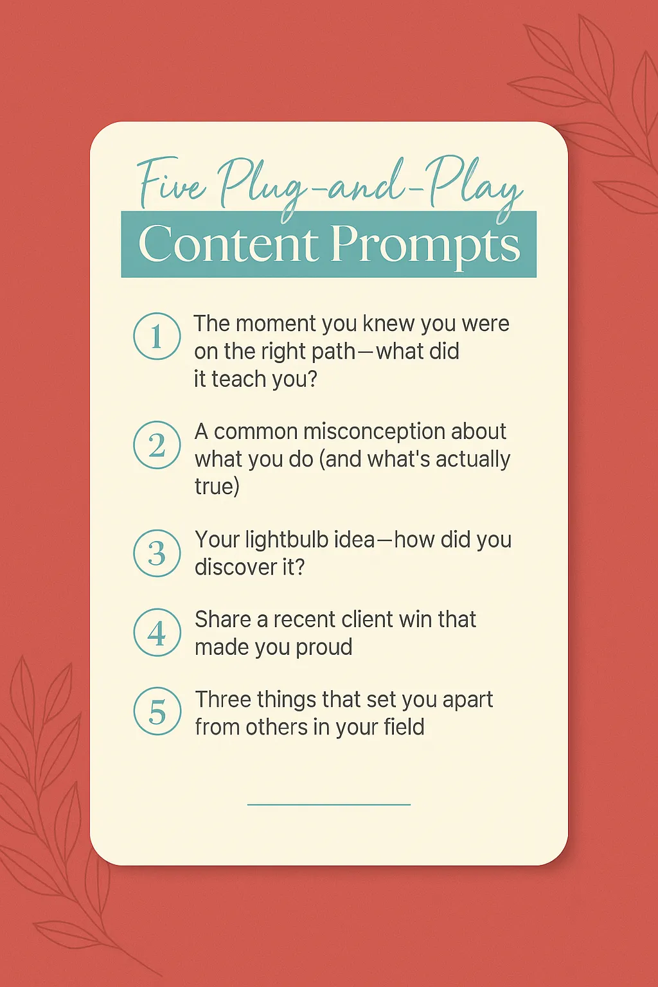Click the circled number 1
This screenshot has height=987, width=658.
coord(157,336)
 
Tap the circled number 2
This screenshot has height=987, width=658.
coord(157,445)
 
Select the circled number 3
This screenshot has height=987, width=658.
coord(157,553)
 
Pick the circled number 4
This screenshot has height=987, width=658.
coord(157,632)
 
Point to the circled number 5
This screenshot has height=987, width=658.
coord(157,711)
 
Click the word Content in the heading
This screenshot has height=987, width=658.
coord(228,244)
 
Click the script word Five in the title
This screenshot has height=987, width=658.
coord(172,184)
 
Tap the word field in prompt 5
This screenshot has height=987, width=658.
coord(404,727)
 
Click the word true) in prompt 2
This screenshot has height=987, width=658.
coord(217,487)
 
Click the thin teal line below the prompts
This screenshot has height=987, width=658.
coord(329,805)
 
